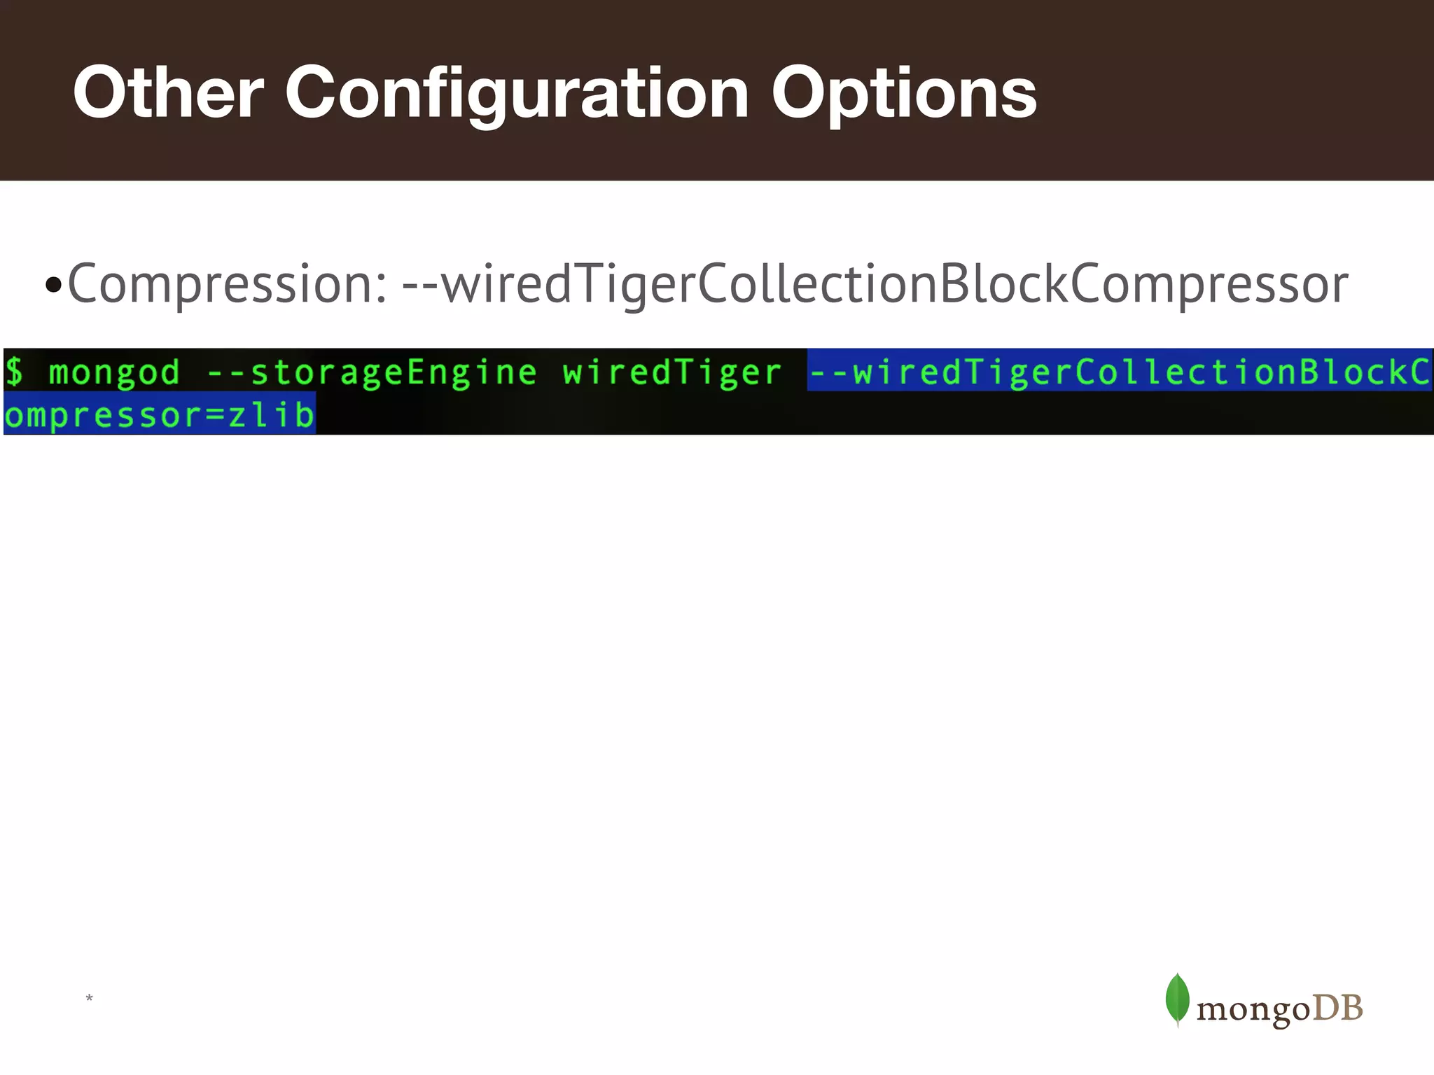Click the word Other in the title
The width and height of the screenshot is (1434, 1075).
point(168,92)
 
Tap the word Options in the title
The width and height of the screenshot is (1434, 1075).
point(903,94)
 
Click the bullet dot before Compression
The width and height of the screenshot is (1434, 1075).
point(53,286)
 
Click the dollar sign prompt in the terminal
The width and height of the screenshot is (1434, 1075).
point(14,371)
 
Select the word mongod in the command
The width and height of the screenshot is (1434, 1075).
point(114,372)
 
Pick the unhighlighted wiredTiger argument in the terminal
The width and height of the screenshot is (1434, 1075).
point(671,372)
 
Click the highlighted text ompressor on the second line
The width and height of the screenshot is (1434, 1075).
point(104,416)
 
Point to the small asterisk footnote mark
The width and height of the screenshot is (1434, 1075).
point(89,998)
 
